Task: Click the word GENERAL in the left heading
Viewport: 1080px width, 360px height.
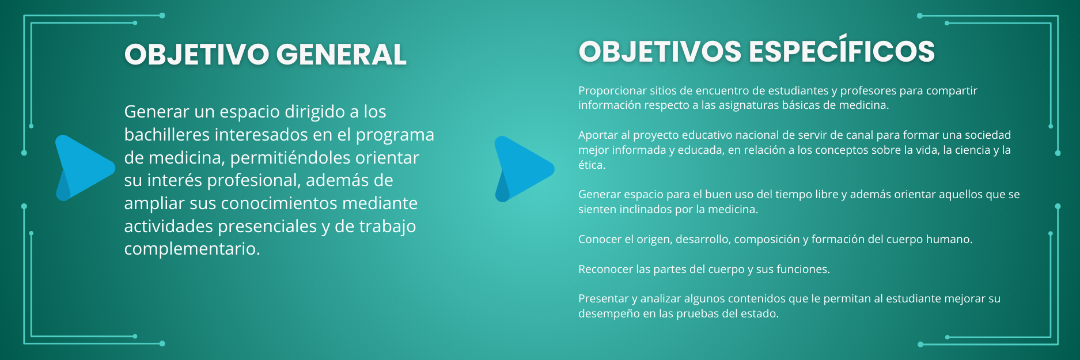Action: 341,55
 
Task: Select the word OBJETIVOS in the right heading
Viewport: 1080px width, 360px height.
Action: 660,51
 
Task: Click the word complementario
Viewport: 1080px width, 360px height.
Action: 192,249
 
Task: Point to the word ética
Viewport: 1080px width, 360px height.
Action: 592,165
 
